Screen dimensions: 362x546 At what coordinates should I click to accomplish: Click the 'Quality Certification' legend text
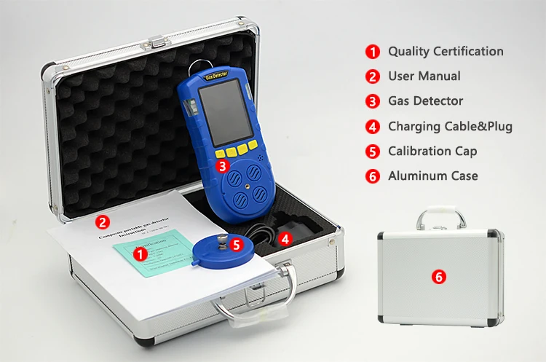445,52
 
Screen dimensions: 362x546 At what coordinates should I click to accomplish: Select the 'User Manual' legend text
424,76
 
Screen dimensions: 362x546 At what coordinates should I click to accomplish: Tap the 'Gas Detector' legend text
425,101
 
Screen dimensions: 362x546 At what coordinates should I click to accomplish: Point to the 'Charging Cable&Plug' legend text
450,126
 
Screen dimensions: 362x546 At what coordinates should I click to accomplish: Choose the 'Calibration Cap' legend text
432,151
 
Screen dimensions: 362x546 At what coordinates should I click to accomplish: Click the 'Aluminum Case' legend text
432,176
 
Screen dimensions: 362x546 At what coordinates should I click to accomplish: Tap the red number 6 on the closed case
438,277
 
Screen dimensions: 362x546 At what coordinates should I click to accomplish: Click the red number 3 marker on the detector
222,165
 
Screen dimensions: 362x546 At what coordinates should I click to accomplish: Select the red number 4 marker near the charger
285,238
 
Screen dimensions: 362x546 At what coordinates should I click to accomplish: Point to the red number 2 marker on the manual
103,222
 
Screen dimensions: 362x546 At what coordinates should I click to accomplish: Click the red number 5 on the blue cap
235,245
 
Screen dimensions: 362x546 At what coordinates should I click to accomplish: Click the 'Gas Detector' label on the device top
218,75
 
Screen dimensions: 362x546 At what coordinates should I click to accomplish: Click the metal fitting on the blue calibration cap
219,238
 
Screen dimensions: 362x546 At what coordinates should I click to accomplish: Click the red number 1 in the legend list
373,52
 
